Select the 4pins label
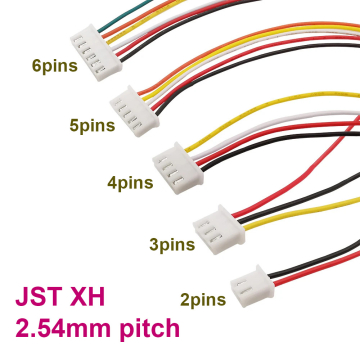click(x=130, y=182)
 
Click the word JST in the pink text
click(x=37, y=299)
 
